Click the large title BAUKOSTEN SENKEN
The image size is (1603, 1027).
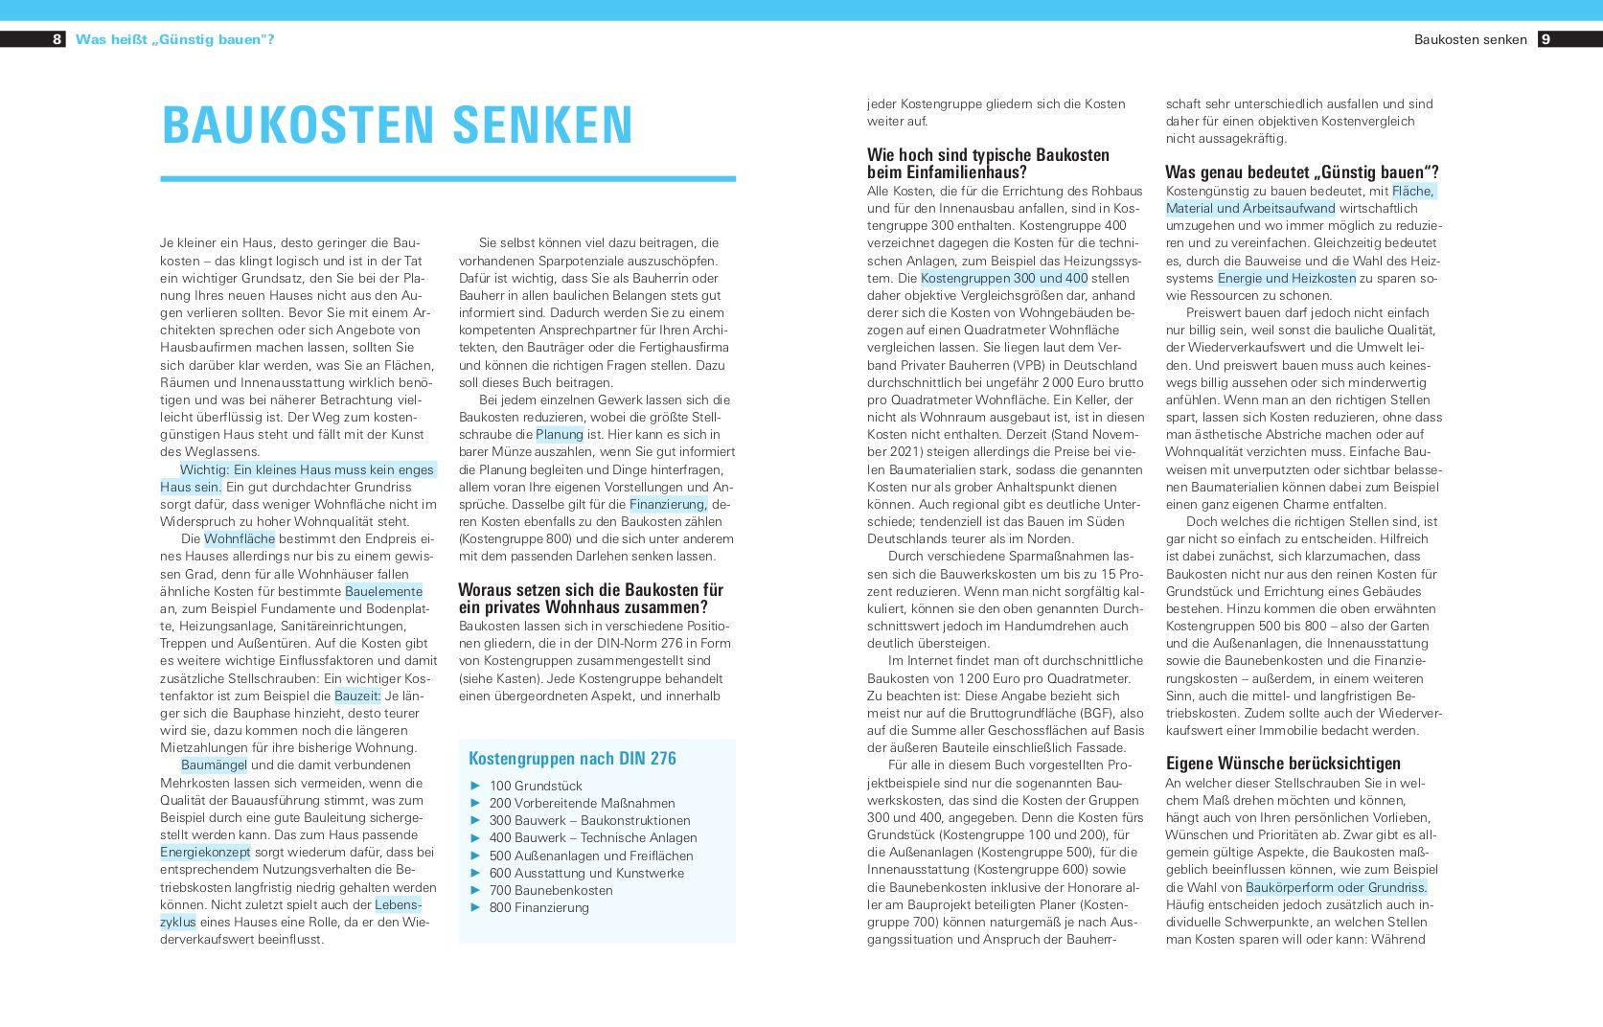click(398, 125)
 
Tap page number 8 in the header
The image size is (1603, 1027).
click(57, 39)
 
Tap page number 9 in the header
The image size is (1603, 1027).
click(1546, 39)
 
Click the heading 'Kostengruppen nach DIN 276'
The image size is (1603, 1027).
click(572, 759)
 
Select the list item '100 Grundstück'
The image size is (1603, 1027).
click(535, 786)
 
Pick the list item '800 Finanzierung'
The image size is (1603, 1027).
click(538, 907)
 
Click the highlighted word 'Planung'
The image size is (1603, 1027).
click(560, 435)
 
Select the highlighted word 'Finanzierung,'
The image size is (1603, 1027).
click(668, 504)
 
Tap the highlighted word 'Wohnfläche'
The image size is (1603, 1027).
click(240, 539)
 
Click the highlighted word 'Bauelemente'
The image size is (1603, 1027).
click(383, 591)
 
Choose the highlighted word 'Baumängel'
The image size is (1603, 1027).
click(214, 765)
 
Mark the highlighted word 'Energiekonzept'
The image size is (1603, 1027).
click(205, 853)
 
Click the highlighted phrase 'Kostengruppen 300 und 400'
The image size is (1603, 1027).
click(1004, 279)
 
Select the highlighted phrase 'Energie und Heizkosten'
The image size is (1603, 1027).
click(1287, 279)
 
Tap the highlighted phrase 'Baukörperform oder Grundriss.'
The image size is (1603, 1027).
click(1337, 887)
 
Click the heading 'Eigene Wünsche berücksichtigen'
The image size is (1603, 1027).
click(1283, 764)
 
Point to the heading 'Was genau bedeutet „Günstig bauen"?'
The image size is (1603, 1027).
click(1301, 172)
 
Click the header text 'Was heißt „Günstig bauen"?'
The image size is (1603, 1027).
click(174, 39)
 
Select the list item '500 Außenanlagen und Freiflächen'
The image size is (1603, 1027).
click(590, 856)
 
